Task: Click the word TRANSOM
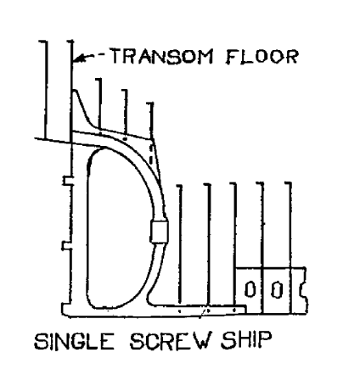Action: [x=161, y=56]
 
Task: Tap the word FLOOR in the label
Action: [x=262, y=56]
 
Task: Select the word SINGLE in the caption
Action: [x=75, y=341]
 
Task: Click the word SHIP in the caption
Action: [x=247, y=340]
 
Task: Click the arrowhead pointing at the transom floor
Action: [x=79, y=59]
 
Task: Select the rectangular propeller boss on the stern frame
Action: [x=159, y=232]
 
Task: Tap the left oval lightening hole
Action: [x=250, y=289]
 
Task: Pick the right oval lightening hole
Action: [x=277, y=290]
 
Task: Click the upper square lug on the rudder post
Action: [x=67, y=181]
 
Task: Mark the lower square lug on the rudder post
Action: [x=67, y=246]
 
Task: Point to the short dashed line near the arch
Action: [x=151, y=155]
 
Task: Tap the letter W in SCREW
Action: [x=201, y=341]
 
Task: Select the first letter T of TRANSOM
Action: [x=115, y=56]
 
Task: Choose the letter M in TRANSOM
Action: [x=205, y=57]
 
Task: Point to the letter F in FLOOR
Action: [x=233, y=57]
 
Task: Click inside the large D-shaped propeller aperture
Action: [x=119, y=227]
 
